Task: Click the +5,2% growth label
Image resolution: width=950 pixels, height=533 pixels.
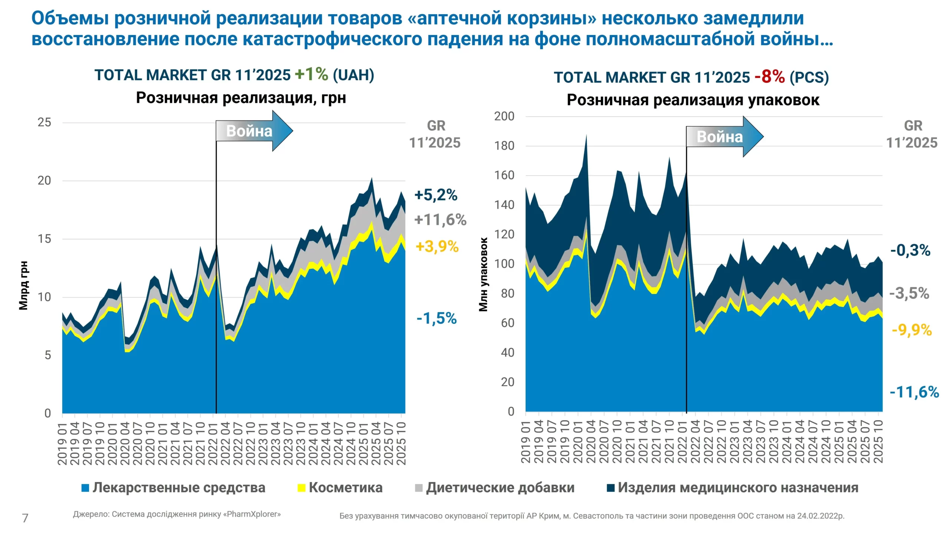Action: [436, 195]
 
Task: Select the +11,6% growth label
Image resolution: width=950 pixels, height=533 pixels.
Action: [440, 220]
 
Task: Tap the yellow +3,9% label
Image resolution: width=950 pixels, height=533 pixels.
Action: [437, 246]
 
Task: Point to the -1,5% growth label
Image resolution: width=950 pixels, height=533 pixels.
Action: [436, 318]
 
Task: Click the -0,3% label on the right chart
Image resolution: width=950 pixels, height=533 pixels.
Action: [910, 251]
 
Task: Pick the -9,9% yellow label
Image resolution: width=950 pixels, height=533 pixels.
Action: [911, 330]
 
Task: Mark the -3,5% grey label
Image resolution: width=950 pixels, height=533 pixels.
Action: [909, 294]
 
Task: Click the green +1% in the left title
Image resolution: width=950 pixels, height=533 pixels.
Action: [311, 75]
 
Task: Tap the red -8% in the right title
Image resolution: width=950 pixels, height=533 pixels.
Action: [770, 77]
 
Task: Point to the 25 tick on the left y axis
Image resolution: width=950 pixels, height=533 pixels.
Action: [44, 122]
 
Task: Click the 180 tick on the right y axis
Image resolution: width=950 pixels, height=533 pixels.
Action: [504, 146]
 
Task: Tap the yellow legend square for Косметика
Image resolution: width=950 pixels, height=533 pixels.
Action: [301, 488]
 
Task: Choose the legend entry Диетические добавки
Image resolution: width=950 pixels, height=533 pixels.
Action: [500, 488]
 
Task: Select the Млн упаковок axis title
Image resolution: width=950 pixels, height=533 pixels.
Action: [483, 275]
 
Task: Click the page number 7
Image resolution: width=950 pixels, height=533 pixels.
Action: [25, 518]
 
